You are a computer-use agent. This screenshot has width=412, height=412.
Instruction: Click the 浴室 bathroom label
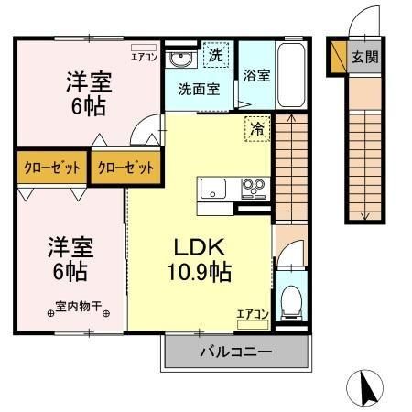coord(256,76)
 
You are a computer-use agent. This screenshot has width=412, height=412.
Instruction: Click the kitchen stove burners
coord(252,190)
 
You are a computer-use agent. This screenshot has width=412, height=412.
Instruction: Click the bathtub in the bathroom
coord(293,74)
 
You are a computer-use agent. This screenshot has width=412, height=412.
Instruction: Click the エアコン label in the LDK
coord(252,314)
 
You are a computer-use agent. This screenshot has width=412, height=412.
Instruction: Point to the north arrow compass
coord(365,388)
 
